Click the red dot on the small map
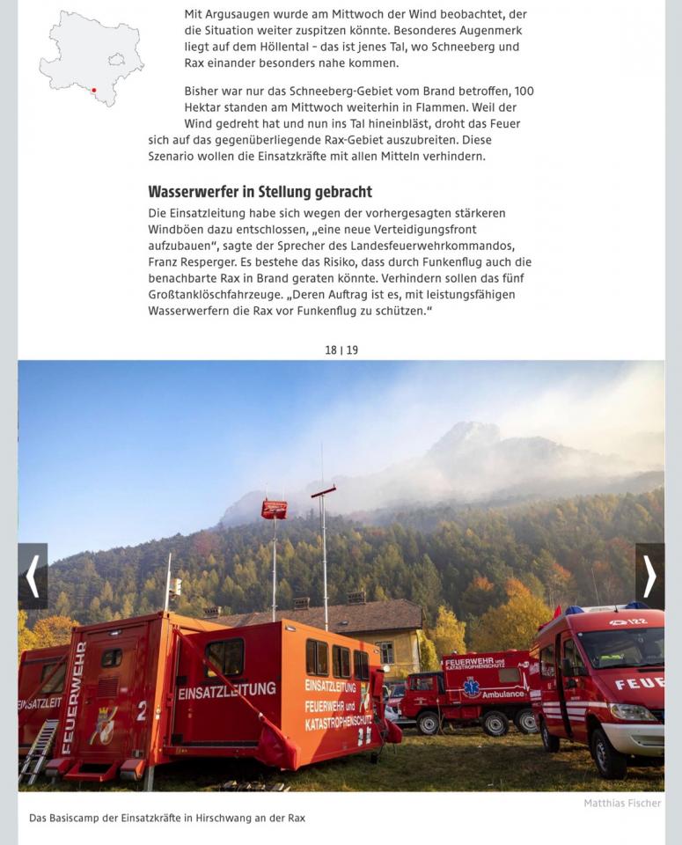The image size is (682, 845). (x=94, y=90)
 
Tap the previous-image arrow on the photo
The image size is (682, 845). (x=33, y=577)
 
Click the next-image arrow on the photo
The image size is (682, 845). (x=649, y=577)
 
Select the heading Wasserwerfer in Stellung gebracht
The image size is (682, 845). (x=260, y=192)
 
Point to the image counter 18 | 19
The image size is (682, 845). (x=341, y=350)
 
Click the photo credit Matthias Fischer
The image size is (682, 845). (x=622, y=803)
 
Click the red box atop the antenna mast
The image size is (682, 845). (x=274, y=509)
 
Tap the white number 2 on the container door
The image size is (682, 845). (x=141, y=710)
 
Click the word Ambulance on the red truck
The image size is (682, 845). (x=504, y=694)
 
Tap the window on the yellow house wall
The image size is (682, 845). (x=386, y=653)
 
